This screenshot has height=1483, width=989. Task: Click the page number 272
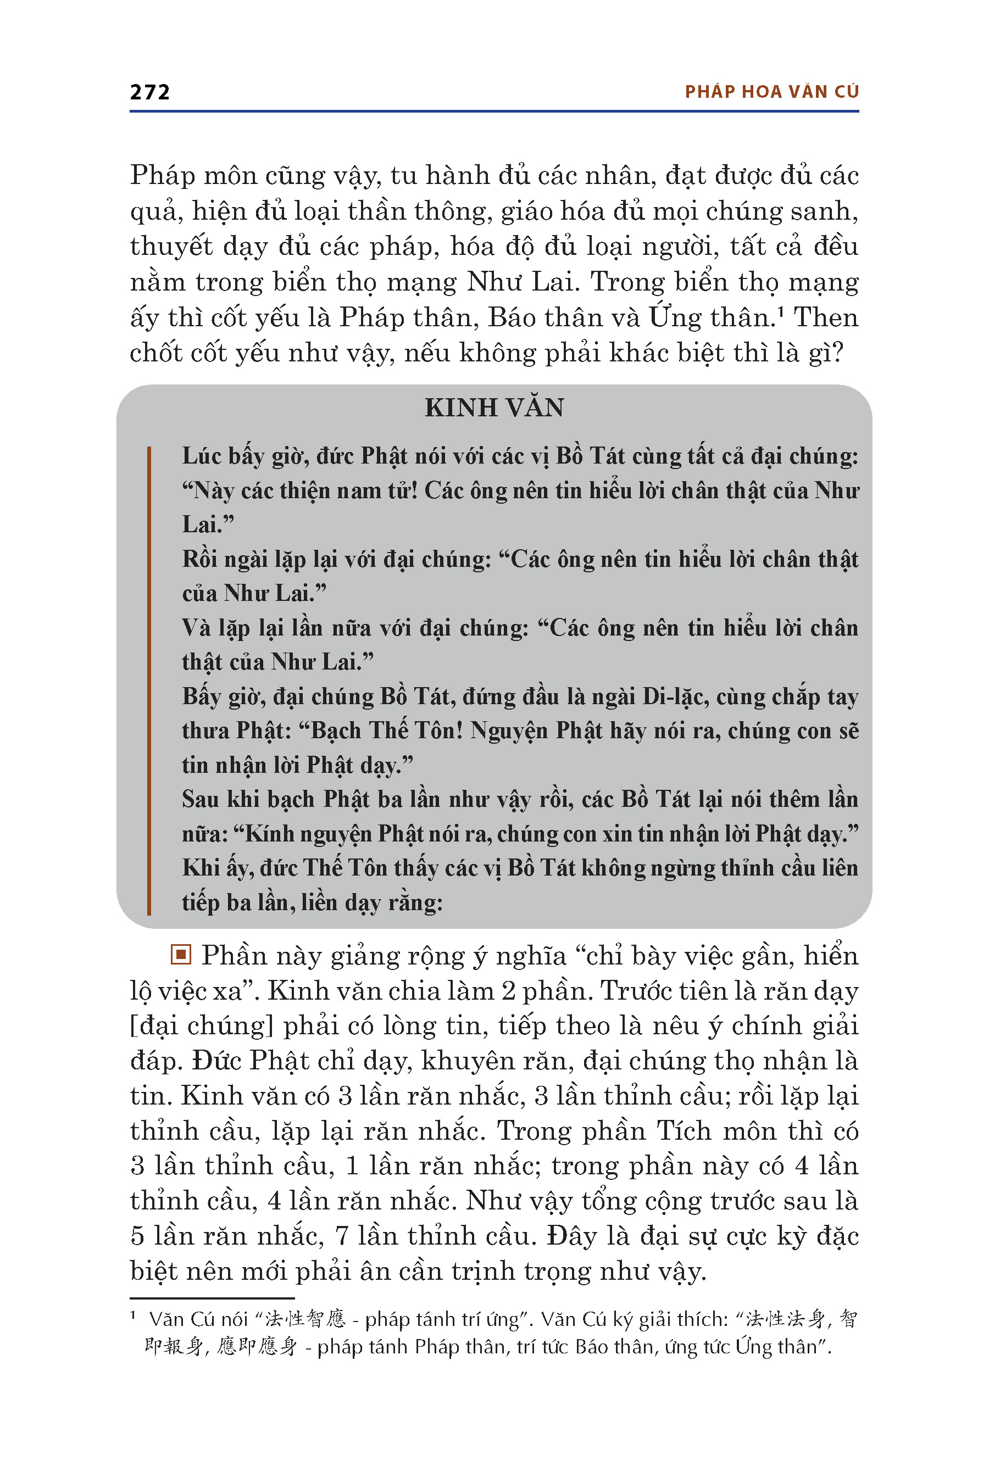pyautogui.click(x=149, y=92)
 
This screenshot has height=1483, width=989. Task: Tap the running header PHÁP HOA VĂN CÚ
pyautogui.click(x=771, y=92)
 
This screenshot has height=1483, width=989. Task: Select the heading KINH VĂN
pyautogui.click(x=494, y=408)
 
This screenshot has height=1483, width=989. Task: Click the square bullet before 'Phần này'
pyautogui.click(x=181, y=955)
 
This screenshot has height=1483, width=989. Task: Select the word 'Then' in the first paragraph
pyautogui.click(x=826, y=317)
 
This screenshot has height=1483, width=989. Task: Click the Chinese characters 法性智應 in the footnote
pyautogui.click(x=305, y=1318)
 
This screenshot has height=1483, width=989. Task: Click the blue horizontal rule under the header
pyautogui.click(x=494, y=111)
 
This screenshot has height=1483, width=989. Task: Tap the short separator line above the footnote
pyautogui.click(x=212, y=1298)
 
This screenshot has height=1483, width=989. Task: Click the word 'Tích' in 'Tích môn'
pyautogui.click(x=682, y=1132)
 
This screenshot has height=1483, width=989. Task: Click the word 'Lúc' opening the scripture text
pyautogui.click(x=199, y=456)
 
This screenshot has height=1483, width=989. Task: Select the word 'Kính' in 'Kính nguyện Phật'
pyautogui.click(x=269, y=834)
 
